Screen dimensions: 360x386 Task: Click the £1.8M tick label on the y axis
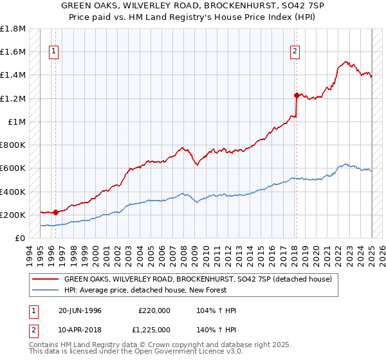coord(13,29)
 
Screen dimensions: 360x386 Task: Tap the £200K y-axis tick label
coord(13,215)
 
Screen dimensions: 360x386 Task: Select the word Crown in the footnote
coord(153,346)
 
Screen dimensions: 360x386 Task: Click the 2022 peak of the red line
coord(345,61)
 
